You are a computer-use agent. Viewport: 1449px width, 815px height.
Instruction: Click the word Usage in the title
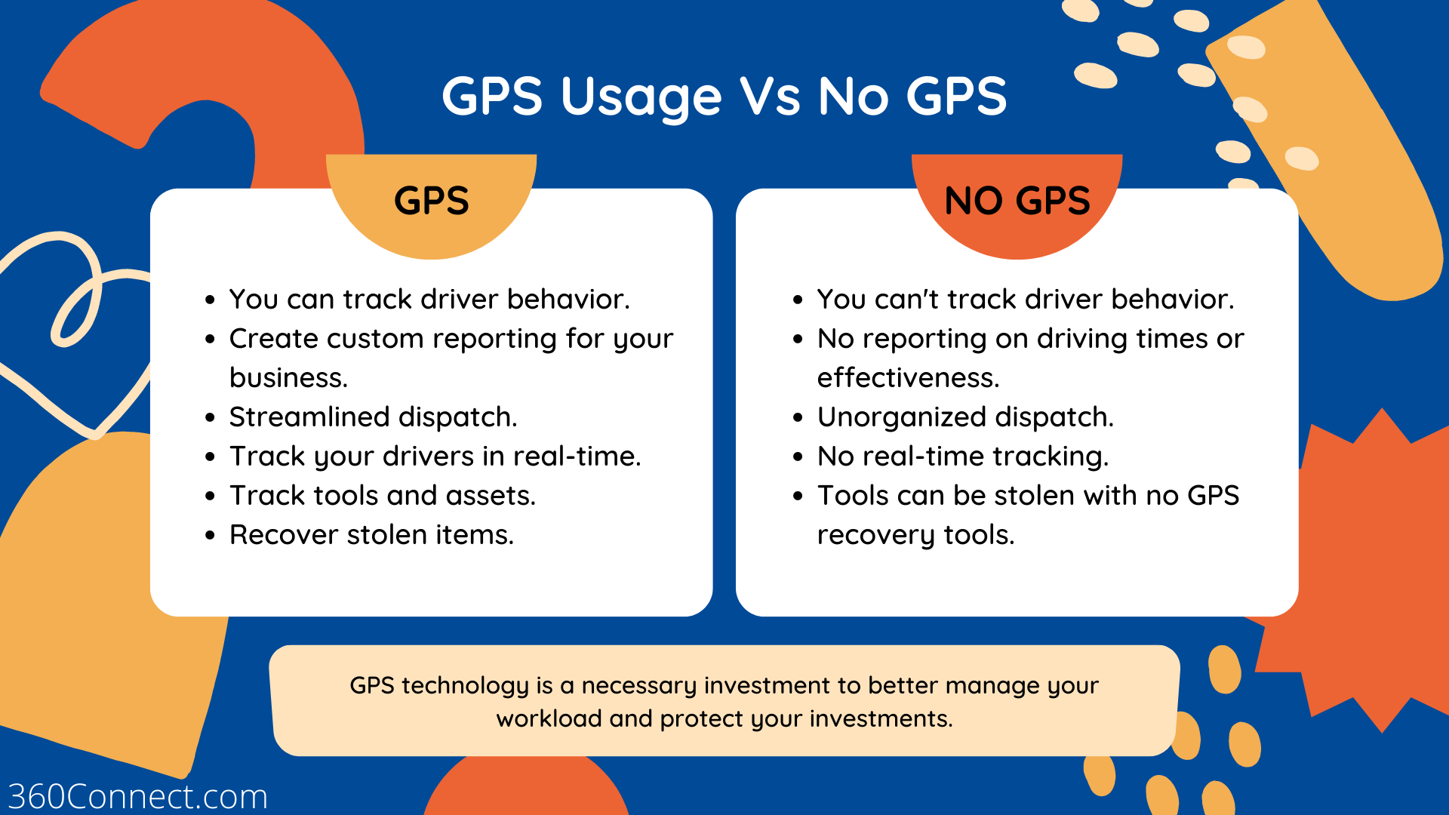coord(641,97)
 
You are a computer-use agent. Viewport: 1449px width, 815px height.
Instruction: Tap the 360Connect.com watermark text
coord(137,797)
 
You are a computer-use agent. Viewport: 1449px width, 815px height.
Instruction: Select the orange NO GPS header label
coord(1017,201)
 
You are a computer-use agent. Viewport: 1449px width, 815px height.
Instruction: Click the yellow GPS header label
coord(431,201)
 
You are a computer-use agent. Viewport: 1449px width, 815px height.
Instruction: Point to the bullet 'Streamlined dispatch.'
coord(373,417)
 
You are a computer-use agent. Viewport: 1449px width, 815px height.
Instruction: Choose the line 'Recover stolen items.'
coord(371,535)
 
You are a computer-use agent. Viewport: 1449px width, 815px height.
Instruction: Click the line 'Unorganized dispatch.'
coord(965,417)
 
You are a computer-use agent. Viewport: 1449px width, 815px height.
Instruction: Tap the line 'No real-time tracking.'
coord(963,457)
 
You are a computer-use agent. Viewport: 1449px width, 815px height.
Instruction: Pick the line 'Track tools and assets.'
coord(383,496)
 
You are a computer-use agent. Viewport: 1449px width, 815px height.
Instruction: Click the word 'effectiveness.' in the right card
coord(908,378)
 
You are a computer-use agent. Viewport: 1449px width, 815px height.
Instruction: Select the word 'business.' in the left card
coord(288,378)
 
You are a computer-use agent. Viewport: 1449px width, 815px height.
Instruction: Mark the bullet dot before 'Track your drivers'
coord(211,457)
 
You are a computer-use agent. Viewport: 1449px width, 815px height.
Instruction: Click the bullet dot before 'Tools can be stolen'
coord(798,497)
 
